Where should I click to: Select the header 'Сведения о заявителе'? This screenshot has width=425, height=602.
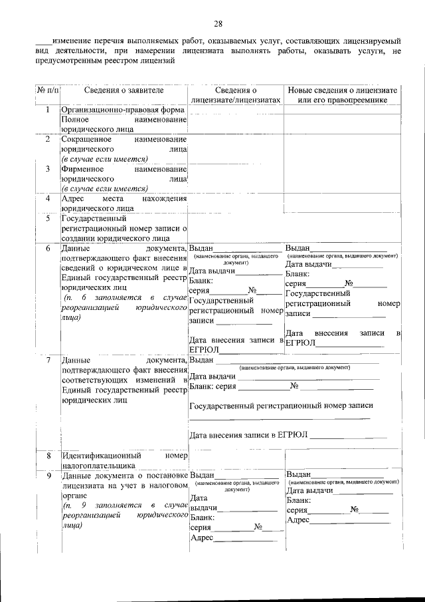click(x=124, y=90)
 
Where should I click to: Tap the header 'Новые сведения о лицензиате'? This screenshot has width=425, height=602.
click(x=342, y=90)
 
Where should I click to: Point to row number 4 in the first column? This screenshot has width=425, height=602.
click(x=47, y=198)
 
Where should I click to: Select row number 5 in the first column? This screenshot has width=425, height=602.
click(x=47, y=218)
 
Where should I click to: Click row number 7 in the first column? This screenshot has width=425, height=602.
click(x=47, y=361)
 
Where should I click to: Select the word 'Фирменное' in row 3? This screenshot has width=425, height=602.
click(x=81, y=169)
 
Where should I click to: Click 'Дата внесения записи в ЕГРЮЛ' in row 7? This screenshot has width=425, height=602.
click(x=248, y=436)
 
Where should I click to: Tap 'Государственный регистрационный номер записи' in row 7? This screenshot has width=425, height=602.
click(x=281, y=405)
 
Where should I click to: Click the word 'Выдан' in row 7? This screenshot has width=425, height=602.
click(x=201, y=361)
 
